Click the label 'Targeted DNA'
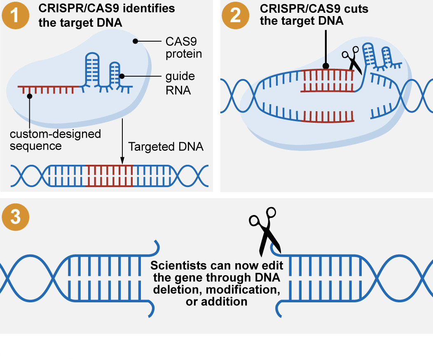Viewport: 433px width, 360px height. pos(166,147)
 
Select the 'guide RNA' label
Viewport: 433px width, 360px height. pos(180,83)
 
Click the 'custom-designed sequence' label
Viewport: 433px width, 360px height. pos(55,140)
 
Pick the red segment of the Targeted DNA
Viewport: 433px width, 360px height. pos(110,176)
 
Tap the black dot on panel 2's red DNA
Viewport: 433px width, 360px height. pos(325,65)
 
